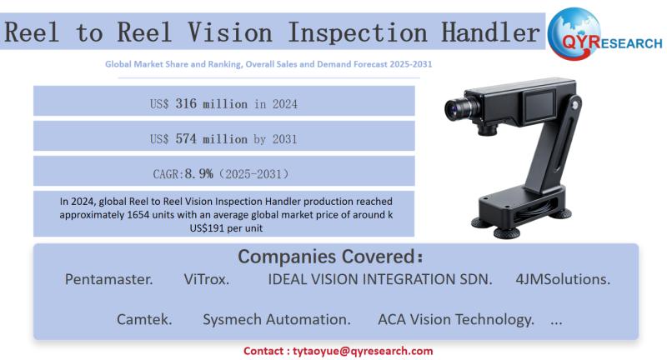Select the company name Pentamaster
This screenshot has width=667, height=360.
pyautogui.click(x=108, y=279)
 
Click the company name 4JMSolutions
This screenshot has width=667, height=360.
pyautogui.click(x=562, y=279)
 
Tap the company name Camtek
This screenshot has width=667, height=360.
pyautogui.click(x=145, y=319)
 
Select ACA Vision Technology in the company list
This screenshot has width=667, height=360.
pyautogui.click(x=456, y=319)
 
